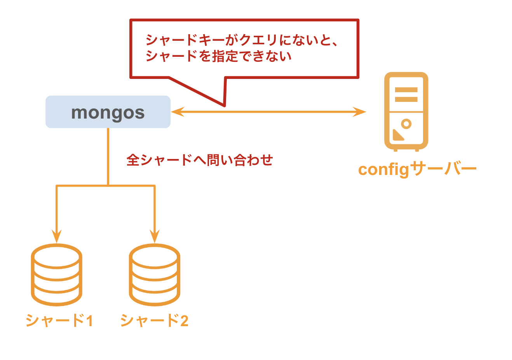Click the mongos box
(x=108, y=112)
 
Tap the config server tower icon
(x=406, y=111)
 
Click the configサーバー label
(x=417, y=170)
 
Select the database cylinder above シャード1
(x=57, y=274)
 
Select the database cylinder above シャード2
(x=155, y=274)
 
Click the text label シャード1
(x=59, y=321)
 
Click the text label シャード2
(x=154, y=321)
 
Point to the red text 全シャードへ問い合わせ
(x=200, y=160)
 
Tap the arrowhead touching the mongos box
(x=176, y=112)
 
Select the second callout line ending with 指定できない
(x=218, y=56)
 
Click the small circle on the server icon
(x=406, y=124)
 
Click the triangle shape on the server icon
(x=397, y=136)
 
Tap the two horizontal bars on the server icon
(x=406, y=94)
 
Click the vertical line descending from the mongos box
(x=108, y=156)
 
